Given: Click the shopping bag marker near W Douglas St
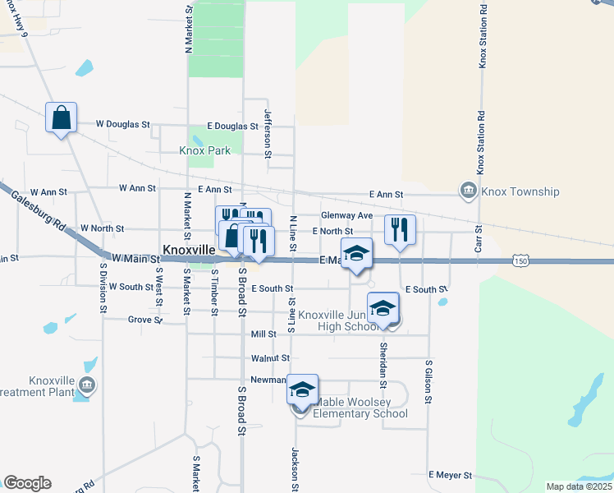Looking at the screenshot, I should pyautogui.click(x=62, y=118).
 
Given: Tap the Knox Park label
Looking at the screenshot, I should pyautogui.click(x=205, y=151).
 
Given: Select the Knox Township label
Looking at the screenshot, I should pyautogui.click(x=520, y=191).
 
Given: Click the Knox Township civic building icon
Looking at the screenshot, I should pyautogui.click(x=468, y=191).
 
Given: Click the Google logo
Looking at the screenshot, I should pyautogui.click(x=27, y=483).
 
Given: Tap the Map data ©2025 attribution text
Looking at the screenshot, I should pyautogui.click(x=578, y=486).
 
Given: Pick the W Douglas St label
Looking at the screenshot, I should pyautogui.click(x=123, y=125).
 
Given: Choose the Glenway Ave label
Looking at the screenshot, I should pyautogui.click(x=348, y=215).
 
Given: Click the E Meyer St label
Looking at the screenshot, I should pyautogui.click(x=451, y=475).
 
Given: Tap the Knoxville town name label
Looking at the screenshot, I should pyautogui.click(x=189, y=248).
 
